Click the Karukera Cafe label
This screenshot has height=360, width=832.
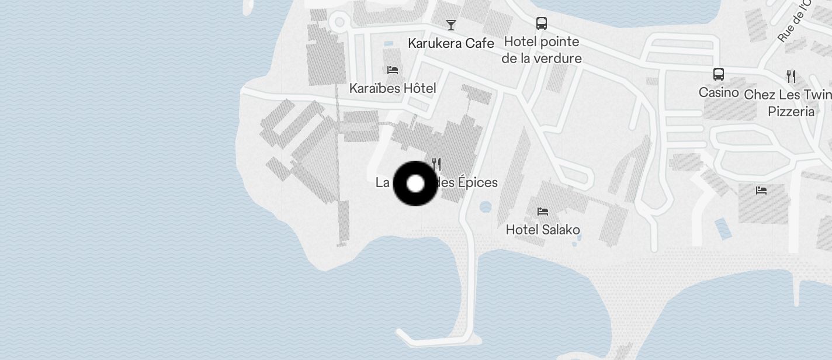[450, 43]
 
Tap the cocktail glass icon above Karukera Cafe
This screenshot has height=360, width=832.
[451, 25]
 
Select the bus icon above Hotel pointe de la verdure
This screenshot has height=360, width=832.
[542, 23]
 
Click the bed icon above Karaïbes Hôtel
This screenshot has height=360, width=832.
[393, 70]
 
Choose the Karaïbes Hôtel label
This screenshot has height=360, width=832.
[393, 88]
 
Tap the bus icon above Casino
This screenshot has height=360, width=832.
[719, 74]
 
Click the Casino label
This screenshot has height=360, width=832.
[719, 92]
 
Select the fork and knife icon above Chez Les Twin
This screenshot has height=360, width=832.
[791, 76]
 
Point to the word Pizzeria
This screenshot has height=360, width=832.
[791, 111]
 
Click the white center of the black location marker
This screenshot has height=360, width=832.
[415, 184]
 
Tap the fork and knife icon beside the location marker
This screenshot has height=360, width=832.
[436, 164]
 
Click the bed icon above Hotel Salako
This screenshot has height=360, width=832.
[543, 211]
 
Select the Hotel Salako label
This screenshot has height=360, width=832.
[543, 230]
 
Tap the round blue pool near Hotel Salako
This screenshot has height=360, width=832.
[486, 206]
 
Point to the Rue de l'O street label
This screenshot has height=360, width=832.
[795, 20]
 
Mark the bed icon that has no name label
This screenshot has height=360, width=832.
[761, 190]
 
